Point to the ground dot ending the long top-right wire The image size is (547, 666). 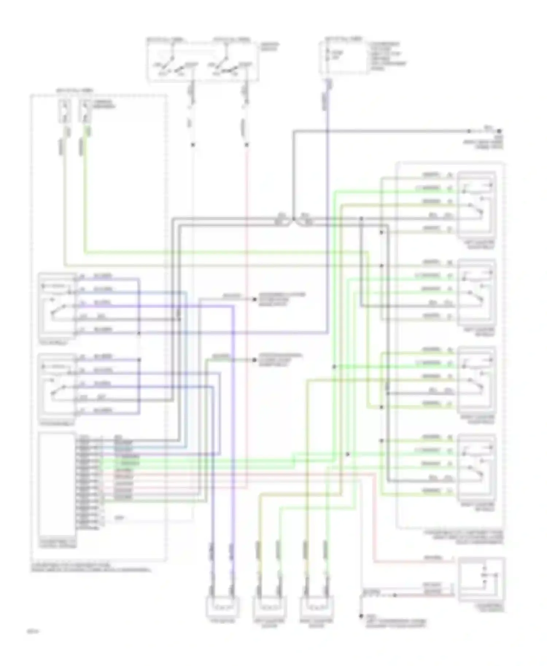pyautogui.click(x=499, y=131)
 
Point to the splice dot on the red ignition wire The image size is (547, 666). pyautogui.click(x=247, y=145)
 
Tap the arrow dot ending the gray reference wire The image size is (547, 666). pyautogui.click(x=255, y=299)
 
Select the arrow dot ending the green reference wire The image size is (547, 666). pyautogui.click(x=255, y=360)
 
